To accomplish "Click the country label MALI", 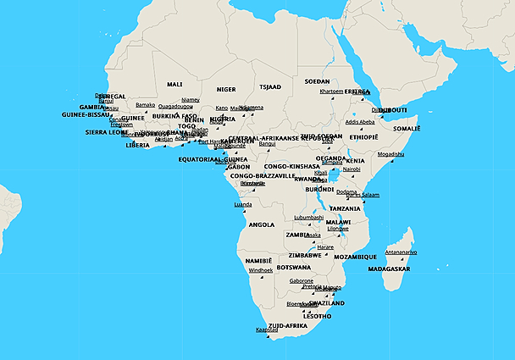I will click(x=174, y=85).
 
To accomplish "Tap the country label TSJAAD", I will click(x=269, y=86).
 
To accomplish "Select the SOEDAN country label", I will click(x=317, y=81).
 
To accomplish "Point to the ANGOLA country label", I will click(x=260, y=224).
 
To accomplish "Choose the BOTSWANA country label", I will click(x=305, y=267).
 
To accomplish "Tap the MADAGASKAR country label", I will click(x=390, y=269).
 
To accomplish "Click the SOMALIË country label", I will click(x=406, y=128).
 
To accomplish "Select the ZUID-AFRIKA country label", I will click(x=287, y=325).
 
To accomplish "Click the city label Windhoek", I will click(x=261, y=270).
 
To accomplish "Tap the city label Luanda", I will click(x=243, y=204).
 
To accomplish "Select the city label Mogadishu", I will click(x=390, y=154).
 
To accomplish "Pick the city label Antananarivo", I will click(x=401, y=252).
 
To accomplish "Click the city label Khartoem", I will click(x=331, y=91).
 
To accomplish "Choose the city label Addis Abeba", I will click(x=360, y=122).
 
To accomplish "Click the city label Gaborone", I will click(x=302, y=280).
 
